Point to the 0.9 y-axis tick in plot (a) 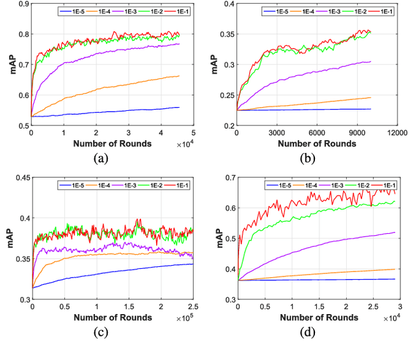click(22, 4)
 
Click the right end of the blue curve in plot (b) click(370, 109)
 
